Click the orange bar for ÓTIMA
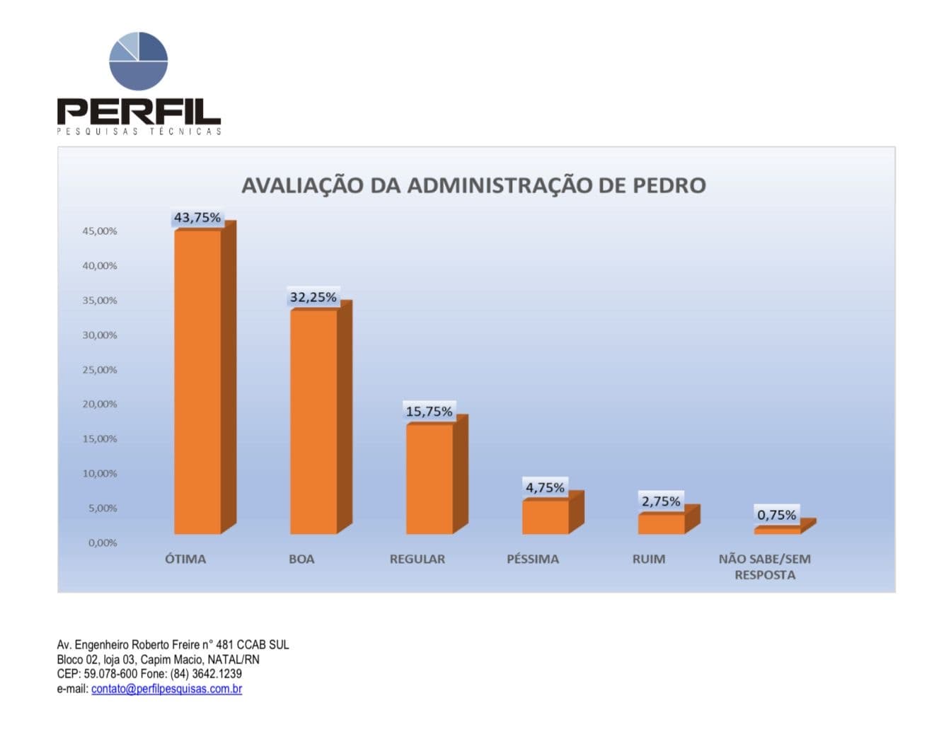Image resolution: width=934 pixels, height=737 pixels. (197, 382)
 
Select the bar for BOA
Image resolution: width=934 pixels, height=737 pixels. (313, 422)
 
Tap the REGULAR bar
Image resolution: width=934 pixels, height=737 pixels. (429, 479)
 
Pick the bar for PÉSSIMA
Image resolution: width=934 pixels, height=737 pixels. (546, 517)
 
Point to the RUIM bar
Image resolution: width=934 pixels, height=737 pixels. (662, 524)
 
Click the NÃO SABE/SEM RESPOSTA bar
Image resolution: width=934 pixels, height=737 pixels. (778, 530)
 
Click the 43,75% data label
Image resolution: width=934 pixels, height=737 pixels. (197, 218)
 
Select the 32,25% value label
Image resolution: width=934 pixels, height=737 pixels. (313, 298)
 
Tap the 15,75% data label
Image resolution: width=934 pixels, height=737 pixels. (429, 412)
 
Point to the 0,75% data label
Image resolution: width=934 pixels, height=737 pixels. (777, 515)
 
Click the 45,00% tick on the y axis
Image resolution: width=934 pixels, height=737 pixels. (100, 231)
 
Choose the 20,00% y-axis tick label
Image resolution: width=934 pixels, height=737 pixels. (100, 405)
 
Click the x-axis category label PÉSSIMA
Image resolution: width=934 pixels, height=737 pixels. (533, 559)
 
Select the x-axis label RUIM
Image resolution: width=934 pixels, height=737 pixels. (649, 559)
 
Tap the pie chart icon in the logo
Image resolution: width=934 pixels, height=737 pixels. (139, 61)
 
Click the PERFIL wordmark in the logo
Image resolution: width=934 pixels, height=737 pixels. (139, 112)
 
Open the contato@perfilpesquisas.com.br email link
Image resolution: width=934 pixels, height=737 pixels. (166, 689)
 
